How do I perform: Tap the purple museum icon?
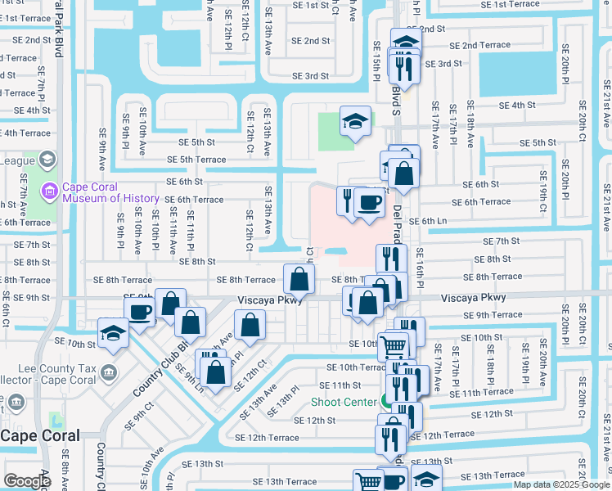[x=50, y=191]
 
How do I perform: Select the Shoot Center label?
[x=344, y=402]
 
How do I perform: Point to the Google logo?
[x=27, y=481]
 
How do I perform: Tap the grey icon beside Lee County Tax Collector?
[x=108, y=373]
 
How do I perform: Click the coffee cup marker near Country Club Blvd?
[x=140, y=312]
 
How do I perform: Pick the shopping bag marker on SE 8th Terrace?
[x=299, y=279]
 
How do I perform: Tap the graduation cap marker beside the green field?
[x=355, y=121]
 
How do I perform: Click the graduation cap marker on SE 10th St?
[x=113, y=333]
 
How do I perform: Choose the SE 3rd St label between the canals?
[x=311, y=76]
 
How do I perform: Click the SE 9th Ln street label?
[x=188, y=374]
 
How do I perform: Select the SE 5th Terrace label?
[x=196, y=160]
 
